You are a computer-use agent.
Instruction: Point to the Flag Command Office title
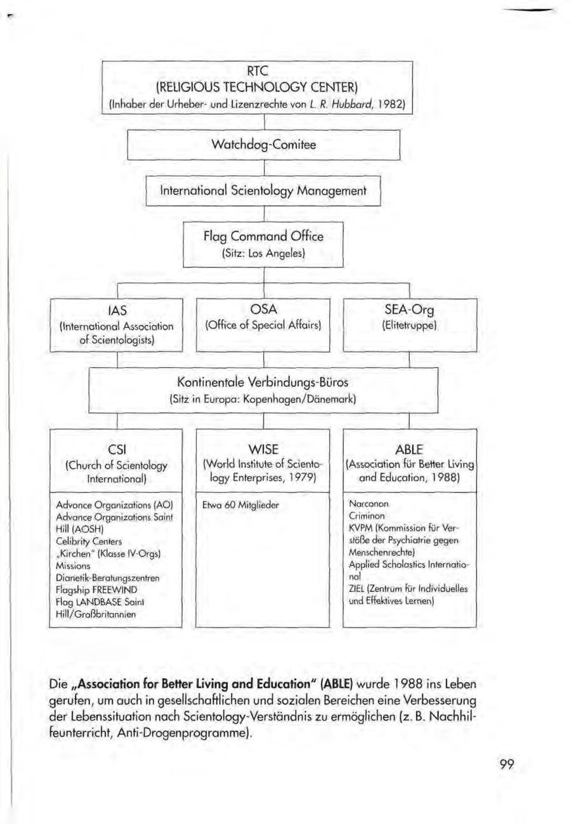tap(263, 237)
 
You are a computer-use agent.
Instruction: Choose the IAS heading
tap(116, 311)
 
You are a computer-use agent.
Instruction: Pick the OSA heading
tap(263, 311)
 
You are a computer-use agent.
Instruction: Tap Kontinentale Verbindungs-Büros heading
tap(263, 384)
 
